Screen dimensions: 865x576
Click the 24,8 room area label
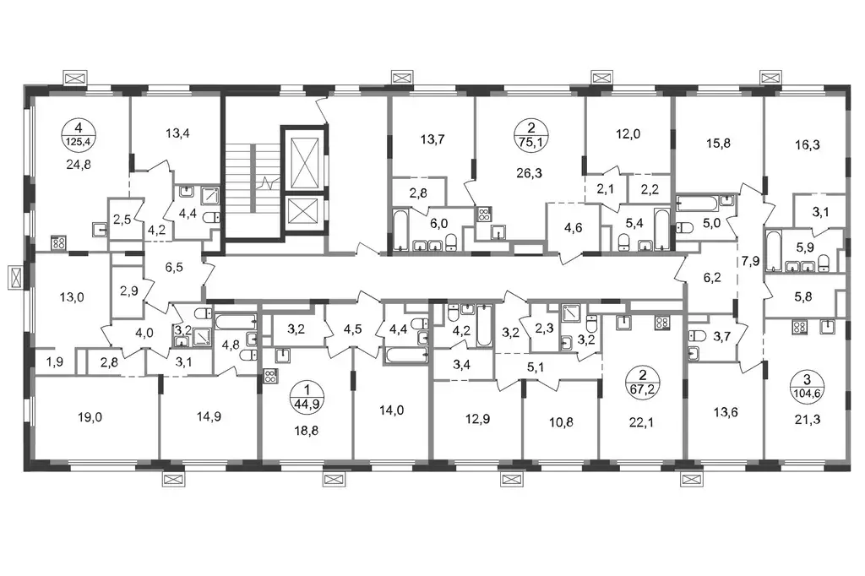[79, 164]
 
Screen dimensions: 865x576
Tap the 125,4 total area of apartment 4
[79, 142]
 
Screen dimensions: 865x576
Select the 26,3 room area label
[529, 173]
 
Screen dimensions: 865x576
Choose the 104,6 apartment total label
[807, 393]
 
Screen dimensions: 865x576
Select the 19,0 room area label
[90, 418]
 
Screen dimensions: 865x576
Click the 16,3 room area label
[807, 145]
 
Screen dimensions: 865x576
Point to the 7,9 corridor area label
[750, 261]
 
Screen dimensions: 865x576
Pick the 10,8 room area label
[561, 422]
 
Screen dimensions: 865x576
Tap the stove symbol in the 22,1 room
[661, 323]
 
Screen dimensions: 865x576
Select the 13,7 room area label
[432, 139]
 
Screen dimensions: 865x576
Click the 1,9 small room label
[54, 362]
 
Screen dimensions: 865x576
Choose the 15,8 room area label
[718, 144]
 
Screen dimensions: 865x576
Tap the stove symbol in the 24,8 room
[59, 242]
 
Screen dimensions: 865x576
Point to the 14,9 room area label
[209, 416]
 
